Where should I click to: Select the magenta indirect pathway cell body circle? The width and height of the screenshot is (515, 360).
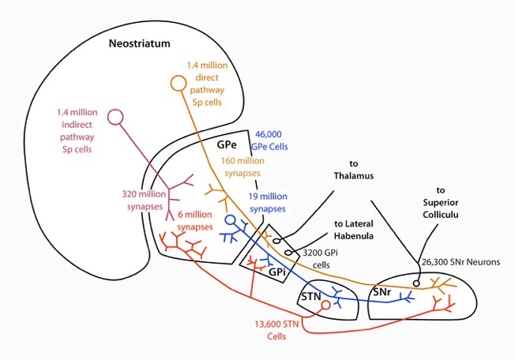[116, 117]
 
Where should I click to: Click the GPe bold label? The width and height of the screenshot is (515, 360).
[228, 145]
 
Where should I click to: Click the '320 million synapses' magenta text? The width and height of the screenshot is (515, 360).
[145, 200]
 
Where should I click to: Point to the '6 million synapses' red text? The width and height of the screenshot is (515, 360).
[194, 220]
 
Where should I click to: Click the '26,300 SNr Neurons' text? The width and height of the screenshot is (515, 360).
[461, 264]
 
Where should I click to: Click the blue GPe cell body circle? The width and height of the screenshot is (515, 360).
[230, 219]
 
